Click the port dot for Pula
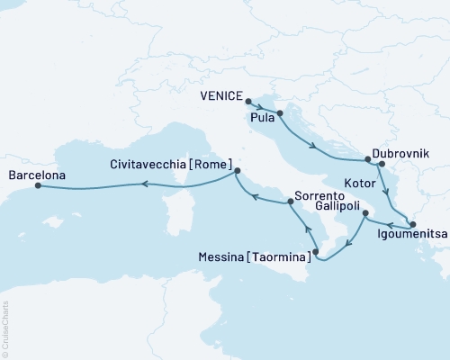(x=280, y=113)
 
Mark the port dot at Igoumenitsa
(x=413, y=224)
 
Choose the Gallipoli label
(x=340, y=206)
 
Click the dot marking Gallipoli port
(x=364, y=214)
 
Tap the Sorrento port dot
(x=290, y=203)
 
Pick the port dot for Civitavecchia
(x=237, y=170)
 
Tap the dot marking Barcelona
(x=38, y=186)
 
